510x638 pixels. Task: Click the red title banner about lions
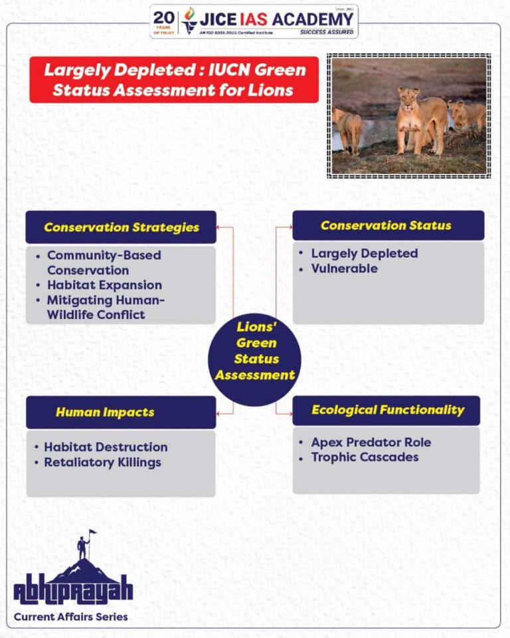coord(174,79)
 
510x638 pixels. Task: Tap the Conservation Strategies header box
coord(121,227)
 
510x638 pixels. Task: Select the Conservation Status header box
coord(388,225)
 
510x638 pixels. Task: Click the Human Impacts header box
coord(121,412)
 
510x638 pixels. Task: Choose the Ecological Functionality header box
coord(386,410)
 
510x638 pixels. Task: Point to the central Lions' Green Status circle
coord(254,360)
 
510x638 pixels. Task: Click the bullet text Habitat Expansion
coord(104,285)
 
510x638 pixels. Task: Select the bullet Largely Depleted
coord(365,253)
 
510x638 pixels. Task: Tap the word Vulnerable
coord(345,268)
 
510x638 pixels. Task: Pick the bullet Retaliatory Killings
coord(102,463)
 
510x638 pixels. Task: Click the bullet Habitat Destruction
coord(106,447)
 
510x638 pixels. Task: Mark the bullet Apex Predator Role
coord(371,443)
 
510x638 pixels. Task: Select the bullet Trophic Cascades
coord(365,457)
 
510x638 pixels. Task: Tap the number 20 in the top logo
coord(163,18)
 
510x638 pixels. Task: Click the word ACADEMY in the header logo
coord(312,19)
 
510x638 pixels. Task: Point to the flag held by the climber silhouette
coord(93,532)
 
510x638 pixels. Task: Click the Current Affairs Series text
coord(71,617)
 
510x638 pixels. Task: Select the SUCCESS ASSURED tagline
coord(327,32)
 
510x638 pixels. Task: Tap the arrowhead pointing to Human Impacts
coord(218,414)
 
